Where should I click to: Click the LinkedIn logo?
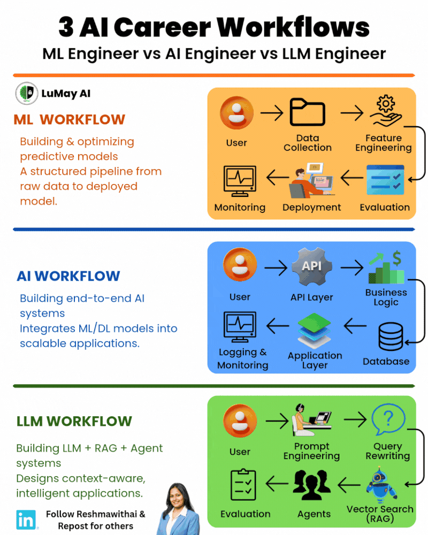(x=26, y=519)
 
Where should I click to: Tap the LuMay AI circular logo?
(x=26, y=93)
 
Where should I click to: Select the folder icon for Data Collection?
(x=307, y=112)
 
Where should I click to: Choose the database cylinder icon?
(x=391, y=337)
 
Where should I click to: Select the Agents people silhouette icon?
(x=314, y=485)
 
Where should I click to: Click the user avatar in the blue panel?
(x=240, y=266)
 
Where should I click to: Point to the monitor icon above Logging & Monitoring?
(x=240, y=327)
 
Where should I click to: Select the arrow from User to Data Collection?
(x=271, y=113)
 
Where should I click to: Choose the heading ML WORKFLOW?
(x=70, y=120)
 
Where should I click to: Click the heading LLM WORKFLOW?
(x=74, y=421)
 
